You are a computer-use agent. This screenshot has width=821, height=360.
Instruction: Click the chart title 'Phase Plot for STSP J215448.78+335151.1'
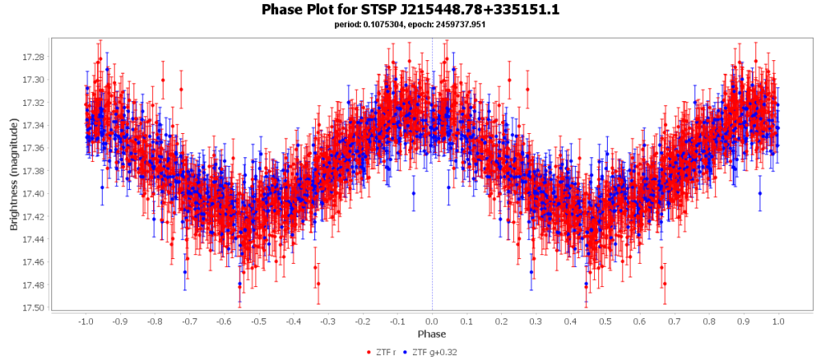point(410,10)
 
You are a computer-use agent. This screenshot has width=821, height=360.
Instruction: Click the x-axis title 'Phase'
point(432,333)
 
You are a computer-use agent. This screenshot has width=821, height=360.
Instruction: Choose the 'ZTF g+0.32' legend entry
point(435,352)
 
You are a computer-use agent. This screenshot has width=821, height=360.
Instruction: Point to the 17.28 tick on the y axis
point(33,56)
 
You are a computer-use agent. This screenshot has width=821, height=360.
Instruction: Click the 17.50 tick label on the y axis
point(33,308)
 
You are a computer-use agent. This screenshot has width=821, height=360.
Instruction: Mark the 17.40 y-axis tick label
point(33,193)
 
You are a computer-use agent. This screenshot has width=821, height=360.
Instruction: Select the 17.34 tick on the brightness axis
point(33,125)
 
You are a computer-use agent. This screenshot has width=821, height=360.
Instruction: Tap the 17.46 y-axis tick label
point(33,262)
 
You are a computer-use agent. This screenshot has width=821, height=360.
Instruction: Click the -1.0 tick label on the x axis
point(84,321)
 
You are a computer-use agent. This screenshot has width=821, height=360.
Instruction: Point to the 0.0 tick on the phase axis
point(432,321)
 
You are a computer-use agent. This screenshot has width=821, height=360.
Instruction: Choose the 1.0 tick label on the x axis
point(779,321)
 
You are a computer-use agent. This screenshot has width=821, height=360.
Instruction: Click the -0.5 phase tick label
point(257,321)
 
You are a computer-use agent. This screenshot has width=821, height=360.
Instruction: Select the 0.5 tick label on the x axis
point(605,321)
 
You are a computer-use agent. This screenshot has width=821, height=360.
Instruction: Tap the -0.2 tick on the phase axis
point(362,321)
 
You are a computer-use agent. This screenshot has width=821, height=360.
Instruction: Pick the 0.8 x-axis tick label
point(710,321)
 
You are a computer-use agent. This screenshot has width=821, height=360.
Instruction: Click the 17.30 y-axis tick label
point(33,79)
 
